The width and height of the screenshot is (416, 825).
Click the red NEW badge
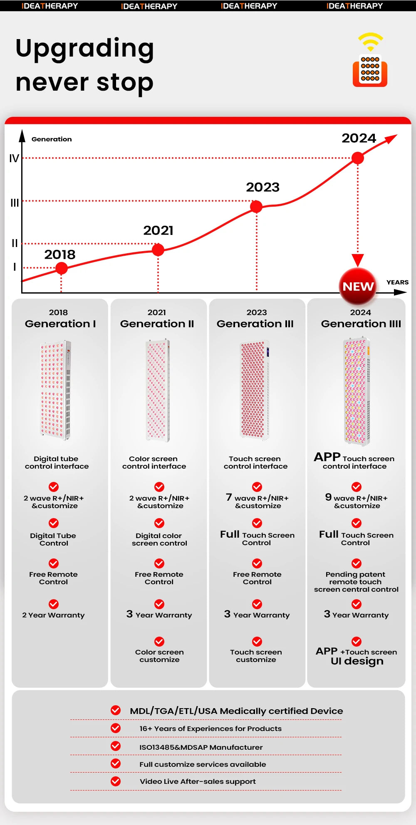pyautogui.click(x=358, y=287)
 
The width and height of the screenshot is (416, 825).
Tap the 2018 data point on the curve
pyautogui.click(x=62, y=268)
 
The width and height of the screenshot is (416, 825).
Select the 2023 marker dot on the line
pyautogui.click(x=256, y=206)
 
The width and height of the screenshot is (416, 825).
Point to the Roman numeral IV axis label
pyautogui.click(x=14, y=158)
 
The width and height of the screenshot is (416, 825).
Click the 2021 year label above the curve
pyautogui.click(x=158, y=230)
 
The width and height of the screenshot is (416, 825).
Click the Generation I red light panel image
pyautogui.click(x=56, y=390)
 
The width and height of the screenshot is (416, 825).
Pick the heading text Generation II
pyautogui.click(x=157, y=324)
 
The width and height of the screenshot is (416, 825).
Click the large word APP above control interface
pyautogui.click(x=327, y=457)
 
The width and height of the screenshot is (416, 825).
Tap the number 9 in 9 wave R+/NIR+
pyautogui.click(x=328, y=497)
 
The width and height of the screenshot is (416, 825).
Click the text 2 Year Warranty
pyautogui.click(x=53, y=615)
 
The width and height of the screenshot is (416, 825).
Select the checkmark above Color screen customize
pyautogui.click(x=159, y=641)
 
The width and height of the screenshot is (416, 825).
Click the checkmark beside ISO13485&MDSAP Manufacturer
pyautogui.click(x=116, y=746)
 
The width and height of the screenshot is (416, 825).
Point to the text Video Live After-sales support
pyautogui.click(x=198, y=781)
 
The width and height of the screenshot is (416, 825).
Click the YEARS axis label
pyautogui.click(x=397, y=282)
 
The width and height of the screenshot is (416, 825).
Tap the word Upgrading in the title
pyautogui.click(x=85, y=48)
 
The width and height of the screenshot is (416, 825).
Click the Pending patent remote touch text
pyautogui.click(x=356, y=582)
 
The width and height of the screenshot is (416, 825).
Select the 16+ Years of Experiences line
pyautogui.click(x=210, y=729)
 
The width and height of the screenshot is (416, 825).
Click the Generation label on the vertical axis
pyautogui.click(x=52, y=139)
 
